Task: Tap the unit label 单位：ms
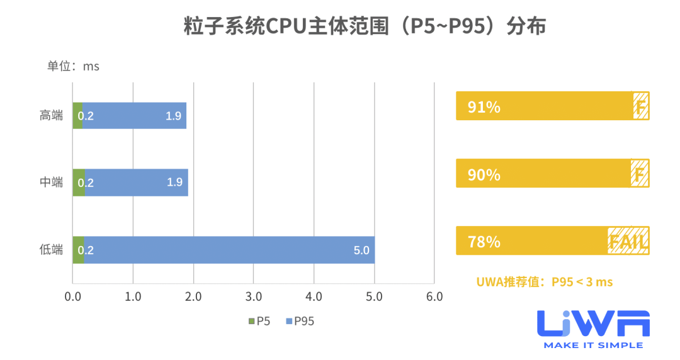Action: (x=73, y=66)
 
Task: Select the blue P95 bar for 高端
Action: (x=134, y=116)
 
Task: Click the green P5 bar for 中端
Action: (x=79, y=183)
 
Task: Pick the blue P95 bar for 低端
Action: (x=229, y=250)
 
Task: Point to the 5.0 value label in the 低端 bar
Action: (x=361, y=250)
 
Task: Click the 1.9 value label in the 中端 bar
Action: (x=174, y=183)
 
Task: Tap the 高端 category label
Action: (x=51, y=116)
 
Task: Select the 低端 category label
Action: (x=51, y=250)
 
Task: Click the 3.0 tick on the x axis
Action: (x=253, y=296)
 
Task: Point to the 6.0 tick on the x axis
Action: (x=434, y=296)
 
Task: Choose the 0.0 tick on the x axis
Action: (x=72, y=296)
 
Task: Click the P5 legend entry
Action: (x=259, y=322)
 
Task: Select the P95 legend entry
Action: (x=300, y=322)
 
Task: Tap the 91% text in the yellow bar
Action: (x=484, y=107)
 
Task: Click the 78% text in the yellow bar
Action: (x=484, y=242)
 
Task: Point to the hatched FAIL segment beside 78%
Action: (x=628, y=241)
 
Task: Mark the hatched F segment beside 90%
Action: (x=640, y=174)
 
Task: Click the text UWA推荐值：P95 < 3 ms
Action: (x=544, y=282)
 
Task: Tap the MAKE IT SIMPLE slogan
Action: (x=593, y=345)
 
